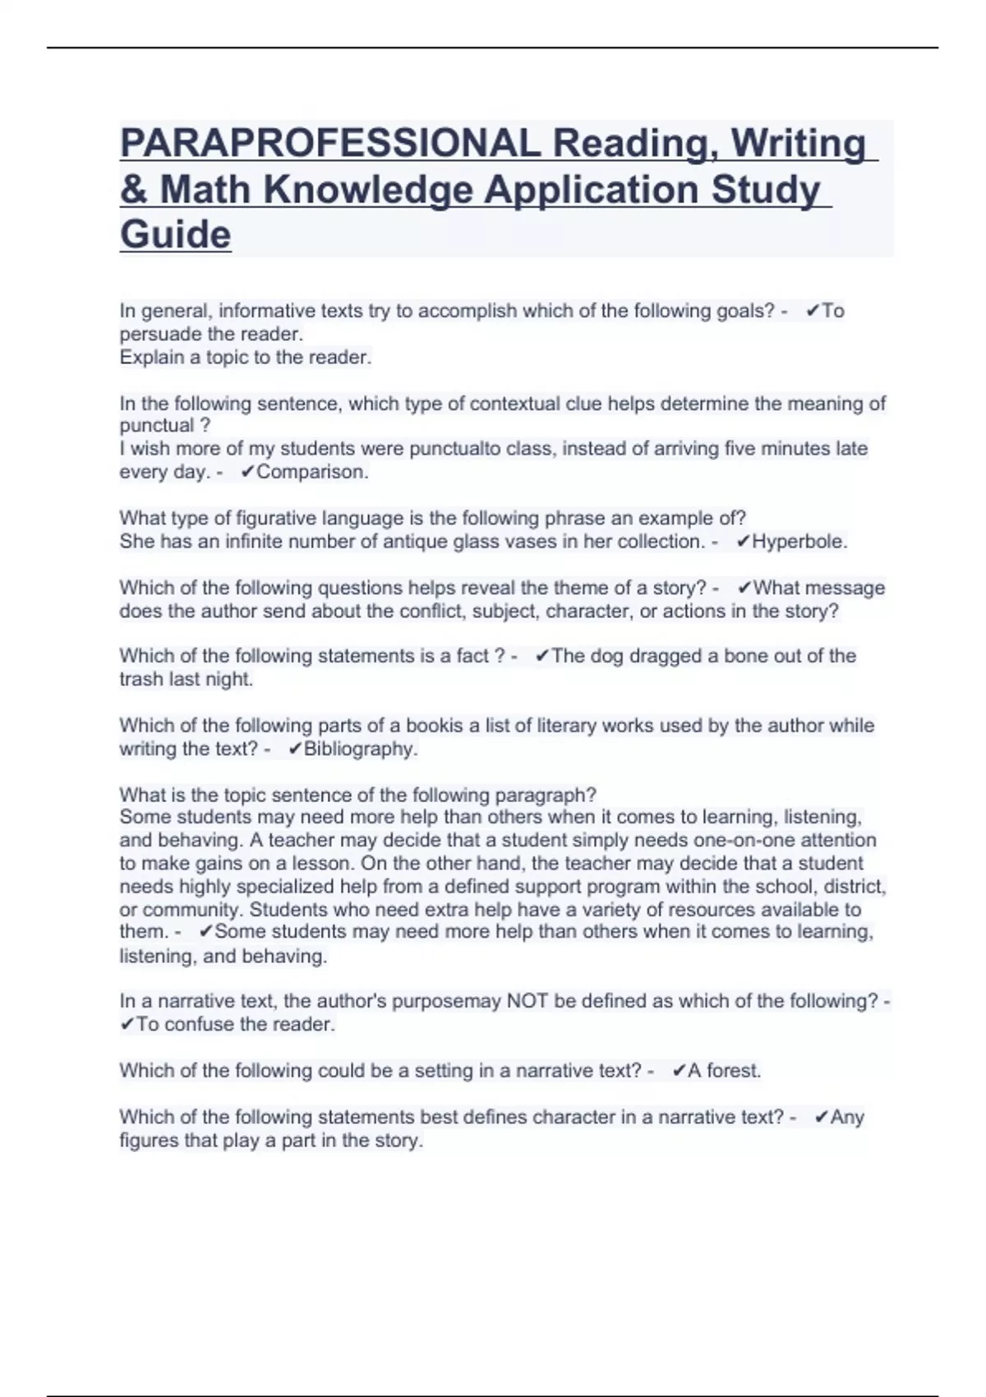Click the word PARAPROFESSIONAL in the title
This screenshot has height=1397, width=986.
coord(330,143)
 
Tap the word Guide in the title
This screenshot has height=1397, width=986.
coord(175,234)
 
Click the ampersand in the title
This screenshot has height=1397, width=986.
coord(133,189)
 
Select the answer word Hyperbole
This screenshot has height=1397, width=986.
coord(799,542)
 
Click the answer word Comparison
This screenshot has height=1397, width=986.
coord(312,472)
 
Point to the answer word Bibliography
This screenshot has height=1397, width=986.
coord(360,749)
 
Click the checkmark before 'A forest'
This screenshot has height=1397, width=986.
coord(679,1071)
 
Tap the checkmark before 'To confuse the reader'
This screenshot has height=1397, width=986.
coord(127,1025)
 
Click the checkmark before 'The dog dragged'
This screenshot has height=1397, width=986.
coord(542,656)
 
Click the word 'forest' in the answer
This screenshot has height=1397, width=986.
coord(733,1071)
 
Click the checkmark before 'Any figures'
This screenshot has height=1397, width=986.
coord(821,1118)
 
